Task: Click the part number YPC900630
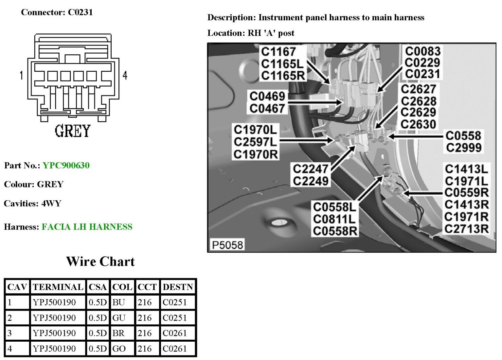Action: coord(66,166)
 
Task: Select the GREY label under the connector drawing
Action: coord(72,131)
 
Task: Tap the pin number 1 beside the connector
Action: coord(22,75)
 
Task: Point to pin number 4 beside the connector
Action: coord(125,75)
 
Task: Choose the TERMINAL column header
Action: coord(58,287)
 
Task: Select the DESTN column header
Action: coord(178,287)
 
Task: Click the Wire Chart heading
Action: coord(100,261)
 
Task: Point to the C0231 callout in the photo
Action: coord(422,74)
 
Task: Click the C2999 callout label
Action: coord(463,148)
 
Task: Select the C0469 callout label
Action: coord(267,97)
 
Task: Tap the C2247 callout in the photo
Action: coord(310,169)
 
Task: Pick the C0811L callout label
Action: coord(334,219)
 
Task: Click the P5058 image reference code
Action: coord(227,245)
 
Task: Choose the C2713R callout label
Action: coord(466,229)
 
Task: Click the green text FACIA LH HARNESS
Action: coord(87,227)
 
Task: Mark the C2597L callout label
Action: coord(256,142)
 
